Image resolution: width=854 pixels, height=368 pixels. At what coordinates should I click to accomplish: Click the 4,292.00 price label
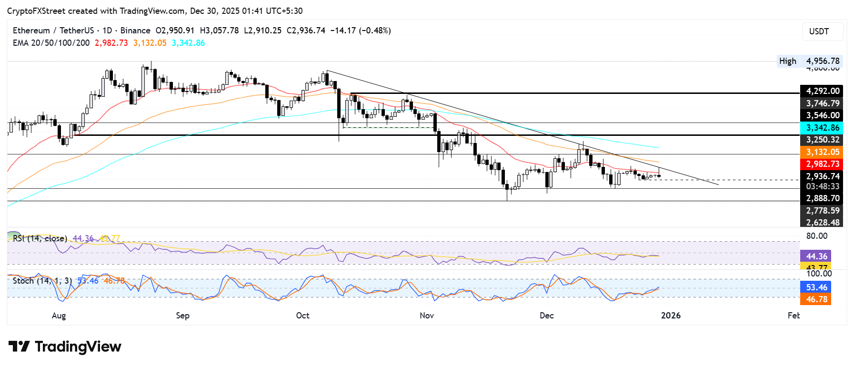click(822, 91)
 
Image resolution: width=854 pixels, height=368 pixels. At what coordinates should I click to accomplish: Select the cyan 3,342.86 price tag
click(822, 128)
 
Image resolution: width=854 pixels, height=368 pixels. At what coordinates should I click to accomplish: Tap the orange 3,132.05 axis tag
click(822, 152)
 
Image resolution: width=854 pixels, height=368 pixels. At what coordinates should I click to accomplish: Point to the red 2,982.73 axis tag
click(822, 164)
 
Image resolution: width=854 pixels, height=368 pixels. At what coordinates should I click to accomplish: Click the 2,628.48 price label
click(822, 222)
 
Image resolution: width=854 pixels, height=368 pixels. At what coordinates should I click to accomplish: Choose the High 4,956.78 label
click(810, 61)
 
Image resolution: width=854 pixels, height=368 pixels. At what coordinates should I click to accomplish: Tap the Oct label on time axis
click(302, 316)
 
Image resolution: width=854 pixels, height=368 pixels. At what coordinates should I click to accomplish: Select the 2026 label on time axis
click(671, 316)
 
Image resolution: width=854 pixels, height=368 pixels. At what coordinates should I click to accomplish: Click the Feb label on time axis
click(794, 316)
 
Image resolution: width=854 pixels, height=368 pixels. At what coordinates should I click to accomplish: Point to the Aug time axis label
click(59, 316)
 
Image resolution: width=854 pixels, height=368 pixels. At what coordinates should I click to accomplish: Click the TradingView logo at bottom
click(65, 347)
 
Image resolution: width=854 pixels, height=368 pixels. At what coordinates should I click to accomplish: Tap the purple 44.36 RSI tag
click(816, 256)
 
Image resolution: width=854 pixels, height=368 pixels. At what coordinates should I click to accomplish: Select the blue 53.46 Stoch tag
click(816, 287)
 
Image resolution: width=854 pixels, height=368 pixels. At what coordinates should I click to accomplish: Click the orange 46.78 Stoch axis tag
click(816, 299)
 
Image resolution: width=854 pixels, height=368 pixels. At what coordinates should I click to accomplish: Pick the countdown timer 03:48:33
click(822, 186)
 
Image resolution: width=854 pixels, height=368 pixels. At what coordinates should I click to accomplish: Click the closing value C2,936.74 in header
click(306, 31)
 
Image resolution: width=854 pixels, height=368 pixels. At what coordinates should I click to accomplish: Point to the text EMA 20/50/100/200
click(51, 43)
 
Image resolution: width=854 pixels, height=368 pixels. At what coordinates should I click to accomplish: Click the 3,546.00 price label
click(822, 115)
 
